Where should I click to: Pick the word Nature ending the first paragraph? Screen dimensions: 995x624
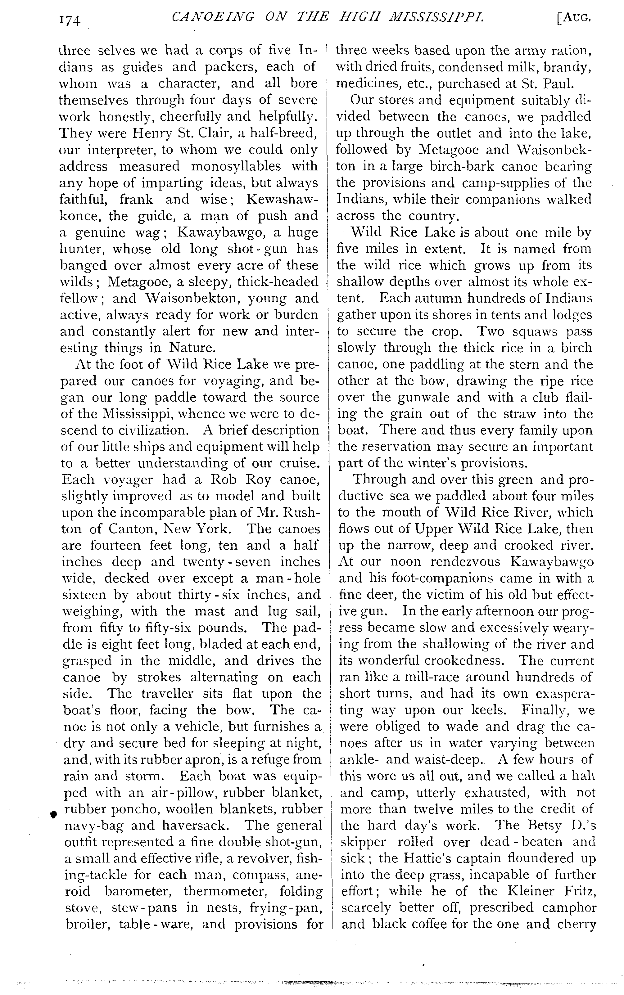point(192,348)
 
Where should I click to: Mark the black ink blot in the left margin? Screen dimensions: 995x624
point(53,813)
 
